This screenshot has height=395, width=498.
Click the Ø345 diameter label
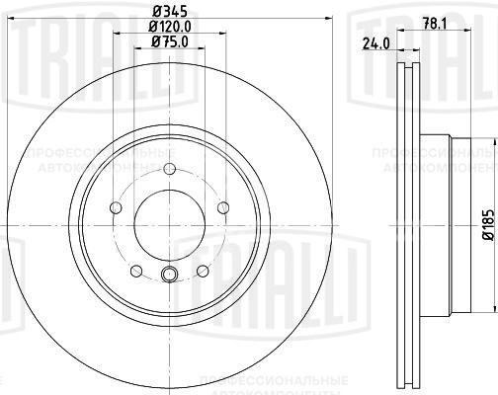pos(166,11)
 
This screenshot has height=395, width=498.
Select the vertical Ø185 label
pos(487,227)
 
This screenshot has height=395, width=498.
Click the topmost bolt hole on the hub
pos(168,168)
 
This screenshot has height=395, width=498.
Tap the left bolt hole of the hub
pos(115,207)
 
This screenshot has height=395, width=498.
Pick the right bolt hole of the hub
pos(222,207)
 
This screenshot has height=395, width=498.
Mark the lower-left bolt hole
pos(135,271)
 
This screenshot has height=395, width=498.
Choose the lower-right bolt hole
pos(202,271)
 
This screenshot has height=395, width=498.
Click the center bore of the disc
pos(168,225)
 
